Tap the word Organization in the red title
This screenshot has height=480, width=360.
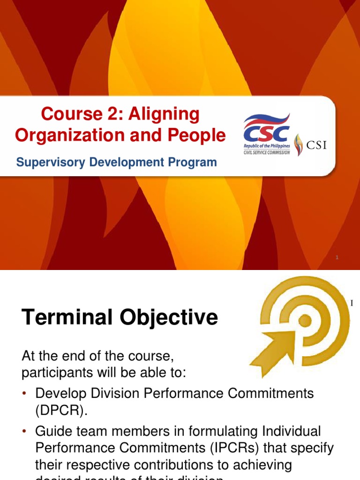[62, 135]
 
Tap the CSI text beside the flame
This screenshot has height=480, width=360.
[316, 144]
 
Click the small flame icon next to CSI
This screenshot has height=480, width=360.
[299, 144]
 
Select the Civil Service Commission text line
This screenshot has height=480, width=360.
[266, 151]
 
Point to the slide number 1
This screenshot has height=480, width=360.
[337, 258]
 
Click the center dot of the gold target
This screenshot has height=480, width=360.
[305, 321]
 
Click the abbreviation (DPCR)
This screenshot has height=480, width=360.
[61, 411]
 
